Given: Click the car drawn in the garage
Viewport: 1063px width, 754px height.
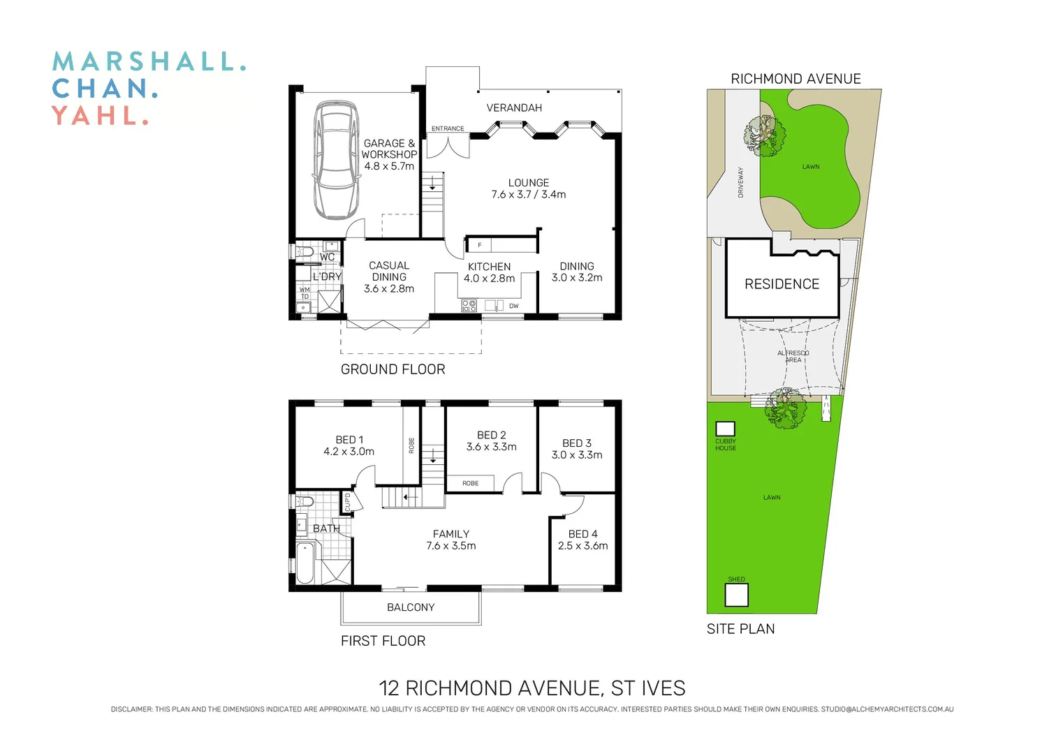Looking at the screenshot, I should click(336, 161).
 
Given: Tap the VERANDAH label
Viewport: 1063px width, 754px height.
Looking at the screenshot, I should click(514, 108).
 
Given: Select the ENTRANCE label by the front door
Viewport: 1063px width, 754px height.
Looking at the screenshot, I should click(448, 128).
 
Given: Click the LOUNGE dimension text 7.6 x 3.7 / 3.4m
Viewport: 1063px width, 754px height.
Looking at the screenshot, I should click(529, 195).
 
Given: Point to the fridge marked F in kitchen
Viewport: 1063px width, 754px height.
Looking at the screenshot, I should click(479, 245).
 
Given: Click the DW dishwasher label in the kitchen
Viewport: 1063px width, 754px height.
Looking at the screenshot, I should click(514, 306).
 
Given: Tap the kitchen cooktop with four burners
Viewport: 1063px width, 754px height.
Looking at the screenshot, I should click(469, 305).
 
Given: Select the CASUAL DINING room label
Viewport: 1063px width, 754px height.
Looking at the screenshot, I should click(389, 271).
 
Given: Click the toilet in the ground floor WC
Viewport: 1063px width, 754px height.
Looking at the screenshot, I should click(304, 251).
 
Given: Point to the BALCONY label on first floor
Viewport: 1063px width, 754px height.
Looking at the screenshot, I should click(411, 607).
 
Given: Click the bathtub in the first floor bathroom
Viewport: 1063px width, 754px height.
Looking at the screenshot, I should click(305, 563).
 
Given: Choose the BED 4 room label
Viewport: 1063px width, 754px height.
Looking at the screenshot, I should click(582, 534).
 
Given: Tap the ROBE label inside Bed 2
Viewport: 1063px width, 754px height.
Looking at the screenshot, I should click(470, 483).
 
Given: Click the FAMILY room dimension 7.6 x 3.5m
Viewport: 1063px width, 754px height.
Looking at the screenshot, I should click(451, 546).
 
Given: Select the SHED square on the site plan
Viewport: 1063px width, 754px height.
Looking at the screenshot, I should click(736, 595).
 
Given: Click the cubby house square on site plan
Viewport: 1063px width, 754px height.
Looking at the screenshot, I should click(725, 429).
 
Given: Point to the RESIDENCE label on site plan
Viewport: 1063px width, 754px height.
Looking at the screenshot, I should click(782, 284).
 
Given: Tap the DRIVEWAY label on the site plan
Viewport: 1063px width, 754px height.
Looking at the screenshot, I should click(741, 183).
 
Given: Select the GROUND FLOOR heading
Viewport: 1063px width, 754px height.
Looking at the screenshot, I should click(393, 369).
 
